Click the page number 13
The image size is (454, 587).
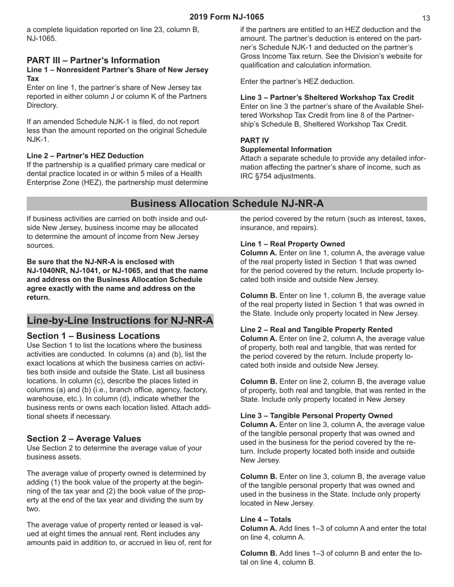(426, 18)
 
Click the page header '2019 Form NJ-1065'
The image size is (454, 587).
(227, 17)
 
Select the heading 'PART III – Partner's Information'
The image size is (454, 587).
(93, 60)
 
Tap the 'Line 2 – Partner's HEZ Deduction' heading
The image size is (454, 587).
(85, 156)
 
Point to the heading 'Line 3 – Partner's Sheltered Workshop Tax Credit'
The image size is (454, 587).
(327, 97)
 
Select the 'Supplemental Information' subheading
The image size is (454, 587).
(286, 149)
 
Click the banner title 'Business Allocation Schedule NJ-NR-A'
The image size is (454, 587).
(227, 204)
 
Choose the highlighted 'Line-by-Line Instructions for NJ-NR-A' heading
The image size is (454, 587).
(120, 320)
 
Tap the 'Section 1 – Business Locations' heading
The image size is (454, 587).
(93, 336)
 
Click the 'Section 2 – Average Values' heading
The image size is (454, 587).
(84, 439)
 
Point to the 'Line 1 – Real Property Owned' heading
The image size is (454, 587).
(292, 244)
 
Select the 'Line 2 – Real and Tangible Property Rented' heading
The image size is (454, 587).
(316, 330)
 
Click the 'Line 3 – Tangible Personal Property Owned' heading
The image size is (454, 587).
(316, 416)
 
